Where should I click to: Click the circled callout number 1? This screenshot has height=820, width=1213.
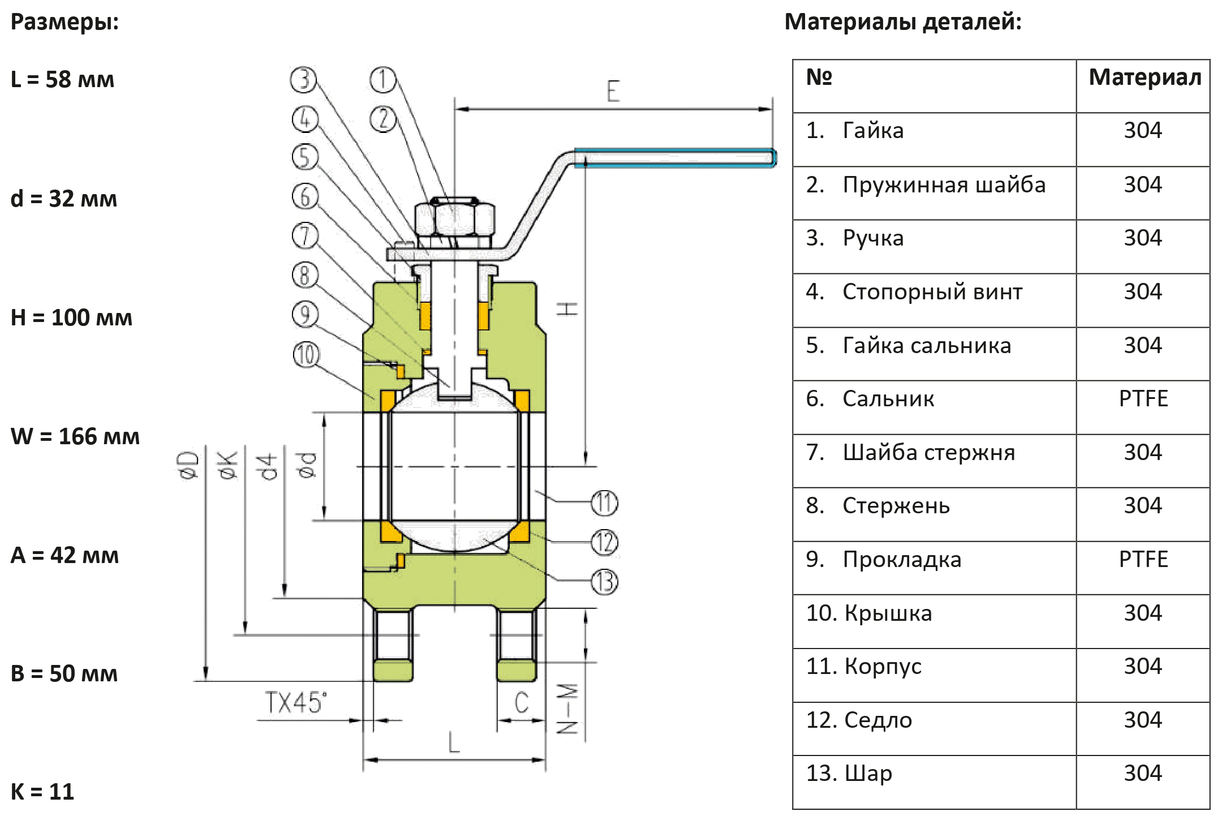[x=383, y=80]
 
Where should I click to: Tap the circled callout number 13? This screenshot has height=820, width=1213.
[x=604, y=582]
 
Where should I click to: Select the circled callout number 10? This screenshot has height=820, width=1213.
[x=306, y=355]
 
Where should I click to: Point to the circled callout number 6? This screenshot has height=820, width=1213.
[x=306, y=198]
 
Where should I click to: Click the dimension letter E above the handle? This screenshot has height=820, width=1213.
[x=613, y=91]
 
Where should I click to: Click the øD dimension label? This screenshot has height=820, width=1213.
[x=192, y=466]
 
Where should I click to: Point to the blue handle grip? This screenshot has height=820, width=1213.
[x=674, y=158]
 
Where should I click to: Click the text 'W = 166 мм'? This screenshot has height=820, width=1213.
[x=75, y=436]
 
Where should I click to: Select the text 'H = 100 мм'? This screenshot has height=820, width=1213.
[x=72, y=317]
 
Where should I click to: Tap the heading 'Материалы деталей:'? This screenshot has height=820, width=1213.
[x=903, y=22]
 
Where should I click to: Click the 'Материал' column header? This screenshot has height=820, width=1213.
[x=1144, y=78]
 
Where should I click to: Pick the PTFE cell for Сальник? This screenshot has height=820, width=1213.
[x=1143, y=399]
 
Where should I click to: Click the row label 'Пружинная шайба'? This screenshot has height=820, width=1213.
[x=944, y=185]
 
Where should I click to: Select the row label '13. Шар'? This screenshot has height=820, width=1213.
[x=849, y=774]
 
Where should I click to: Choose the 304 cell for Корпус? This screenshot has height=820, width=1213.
[x=1143, y=666]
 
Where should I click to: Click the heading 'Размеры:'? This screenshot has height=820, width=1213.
[x=65, y=22]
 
